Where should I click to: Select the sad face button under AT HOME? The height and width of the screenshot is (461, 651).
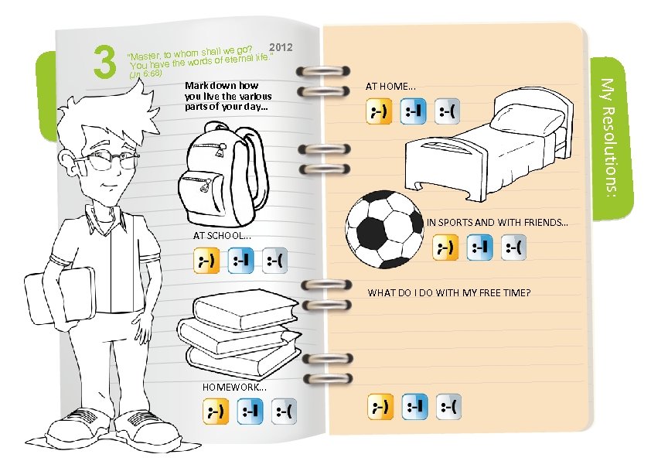(448, 113)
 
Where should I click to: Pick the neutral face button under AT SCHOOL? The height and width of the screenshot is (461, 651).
(240, 261)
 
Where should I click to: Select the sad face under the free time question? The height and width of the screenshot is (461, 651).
(448, 406)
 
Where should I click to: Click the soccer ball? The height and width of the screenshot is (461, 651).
(381, 229)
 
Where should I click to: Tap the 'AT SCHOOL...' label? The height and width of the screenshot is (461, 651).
(220, 235)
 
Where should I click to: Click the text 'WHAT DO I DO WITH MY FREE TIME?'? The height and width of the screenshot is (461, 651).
(448, 293)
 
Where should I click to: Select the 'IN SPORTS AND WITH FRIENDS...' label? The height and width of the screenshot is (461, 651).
(497, 223)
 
